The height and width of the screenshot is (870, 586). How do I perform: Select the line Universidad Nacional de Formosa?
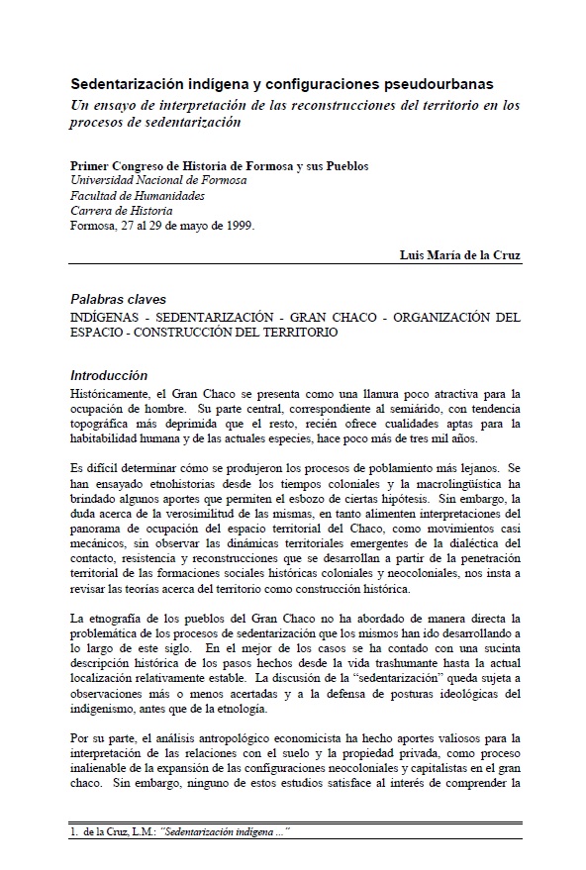(158, 180)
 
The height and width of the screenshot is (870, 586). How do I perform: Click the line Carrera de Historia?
(121, 210)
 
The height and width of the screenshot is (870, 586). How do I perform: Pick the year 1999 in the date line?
(237, 225)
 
